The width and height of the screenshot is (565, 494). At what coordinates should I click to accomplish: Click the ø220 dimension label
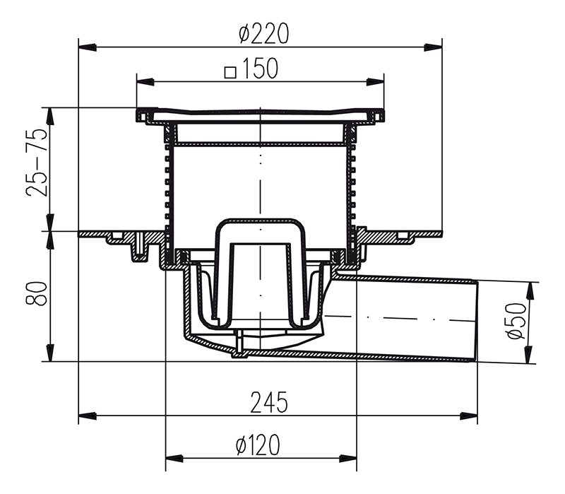point(263,33)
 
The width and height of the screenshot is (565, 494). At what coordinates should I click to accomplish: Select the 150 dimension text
point(260,68)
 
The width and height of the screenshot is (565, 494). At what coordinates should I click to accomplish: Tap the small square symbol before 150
point(230,72)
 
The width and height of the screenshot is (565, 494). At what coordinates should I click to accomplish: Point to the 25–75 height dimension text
point(37,162)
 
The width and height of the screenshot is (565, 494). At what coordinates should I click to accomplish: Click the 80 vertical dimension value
point(37,293)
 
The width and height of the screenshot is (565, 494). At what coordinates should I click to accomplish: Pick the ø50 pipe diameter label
point(516,320)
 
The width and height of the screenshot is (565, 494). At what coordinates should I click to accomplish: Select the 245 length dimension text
point(269,402)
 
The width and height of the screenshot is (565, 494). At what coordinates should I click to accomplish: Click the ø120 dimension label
point(258,445)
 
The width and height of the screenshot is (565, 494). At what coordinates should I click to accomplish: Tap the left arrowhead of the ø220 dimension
point(88,47)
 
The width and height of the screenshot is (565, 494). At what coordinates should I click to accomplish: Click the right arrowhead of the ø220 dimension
point(433,47)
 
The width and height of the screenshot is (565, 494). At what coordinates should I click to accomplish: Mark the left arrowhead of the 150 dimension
point(145,82)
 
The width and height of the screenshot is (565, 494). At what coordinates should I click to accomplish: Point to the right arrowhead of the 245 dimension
point(469,416)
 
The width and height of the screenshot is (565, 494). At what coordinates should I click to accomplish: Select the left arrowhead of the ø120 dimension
point(174,459)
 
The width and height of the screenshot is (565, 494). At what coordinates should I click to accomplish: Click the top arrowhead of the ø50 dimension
point(529,291)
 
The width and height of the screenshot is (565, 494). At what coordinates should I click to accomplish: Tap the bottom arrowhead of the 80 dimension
point(50,353)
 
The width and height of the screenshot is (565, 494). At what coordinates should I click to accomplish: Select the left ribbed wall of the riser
point(169,187)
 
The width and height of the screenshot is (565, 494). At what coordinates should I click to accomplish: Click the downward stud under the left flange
point(139,249)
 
